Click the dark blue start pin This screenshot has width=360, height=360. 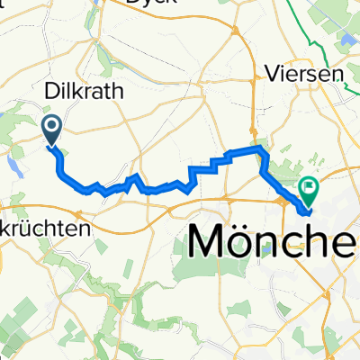(52, 130)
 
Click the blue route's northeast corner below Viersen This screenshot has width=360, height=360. (260, 148)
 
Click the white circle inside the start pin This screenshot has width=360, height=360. (52, 127)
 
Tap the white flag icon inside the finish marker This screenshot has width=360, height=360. (310, 187)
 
